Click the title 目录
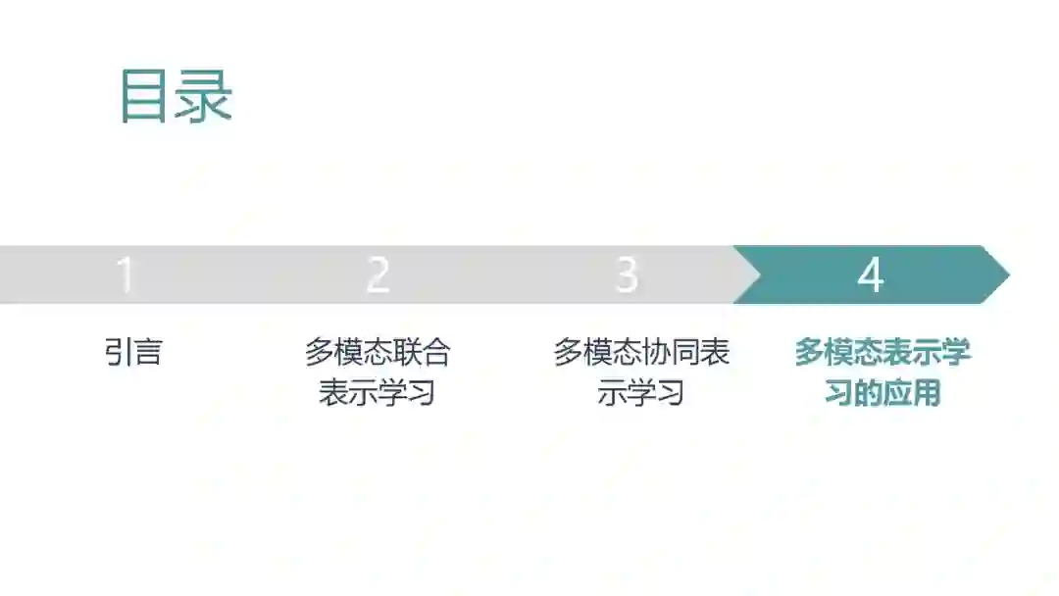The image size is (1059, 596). coord(176,96)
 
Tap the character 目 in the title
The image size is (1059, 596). coord(145,96)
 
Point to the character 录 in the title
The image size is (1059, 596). coord(204,96)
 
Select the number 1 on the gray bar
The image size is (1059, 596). coord(125,275)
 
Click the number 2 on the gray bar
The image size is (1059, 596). coord(378,275)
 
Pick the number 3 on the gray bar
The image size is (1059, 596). coord(627,275)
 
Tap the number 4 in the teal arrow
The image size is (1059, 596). coord(870,275)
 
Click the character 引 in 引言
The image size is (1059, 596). coord(119,352)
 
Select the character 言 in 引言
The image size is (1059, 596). coord(147,352)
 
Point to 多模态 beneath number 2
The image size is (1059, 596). coord(348,352)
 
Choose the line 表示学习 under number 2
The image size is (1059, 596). coord(378,393)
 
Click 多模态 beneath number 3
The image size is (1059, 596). coord(597,352)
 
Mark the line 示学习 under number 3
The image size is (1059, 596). coord(641,393)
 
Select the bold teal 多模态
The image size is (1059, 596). coord(838,352)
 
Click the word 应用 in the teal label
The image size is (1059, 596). coord(912,393)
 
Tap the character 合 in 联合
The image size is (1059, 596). coord(436,352)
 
